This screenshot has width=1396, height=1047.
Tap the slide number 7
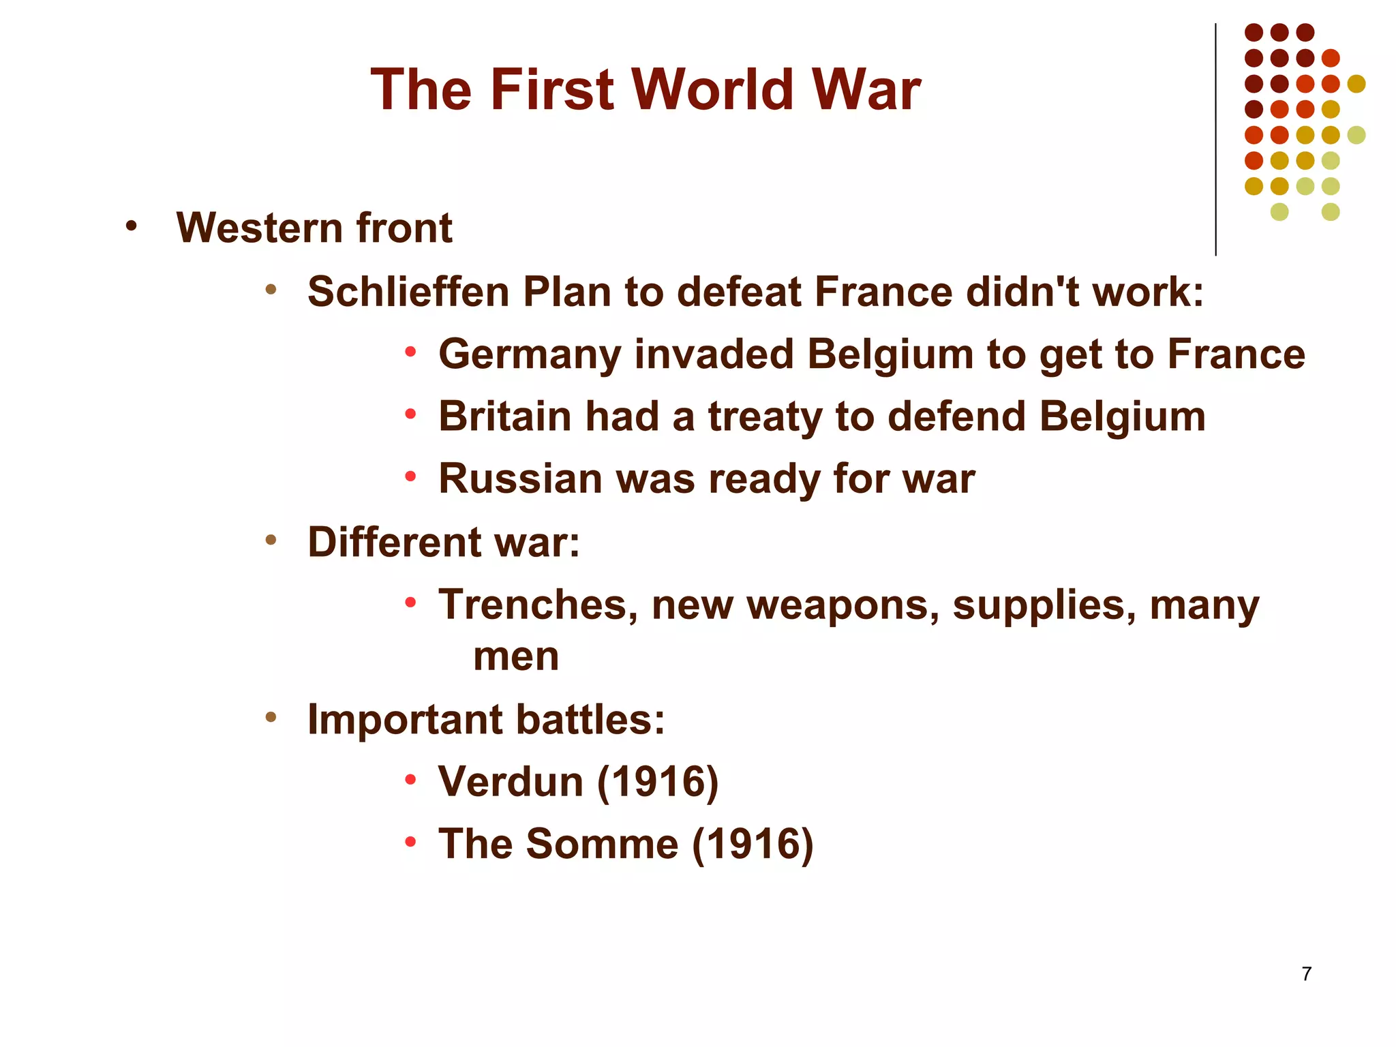[1306, 974]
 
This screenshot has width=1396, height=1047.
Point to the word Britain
[504, 416]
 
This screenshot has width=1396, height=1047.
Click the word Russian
[520, 479]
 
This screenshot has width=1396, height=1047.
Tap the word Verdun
[511, 781]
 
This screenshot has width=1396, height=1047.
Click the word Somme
[602, 844]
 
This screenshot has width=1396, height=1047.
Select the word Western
[259, 228]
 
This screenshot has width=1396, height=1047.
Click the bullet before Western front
[131, 226]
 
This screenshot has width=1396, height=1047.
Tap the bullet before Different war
[271, 541]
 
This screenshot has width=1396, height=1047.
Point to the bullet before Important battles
[271, 717]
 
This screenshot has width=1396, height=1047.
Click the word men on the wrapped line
[516, 656]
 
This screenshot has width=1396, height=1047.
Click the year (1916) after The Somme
[753, 844]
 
